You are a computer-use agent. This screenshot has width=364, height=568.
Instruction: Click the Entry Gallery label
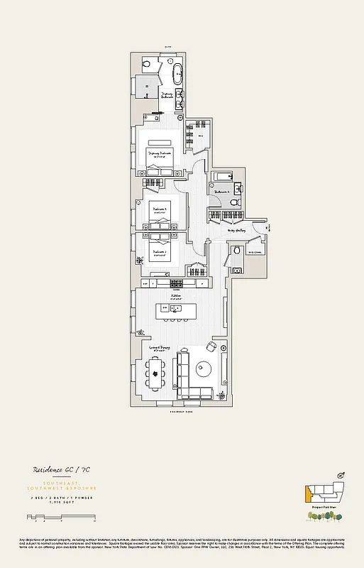[x=236, y=229]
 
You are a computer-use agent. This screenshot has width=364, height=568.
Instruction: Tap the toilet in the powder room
[x=236, y=251]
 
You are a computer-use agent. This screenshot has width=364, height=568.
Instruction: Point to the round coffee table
[x=204, y=368]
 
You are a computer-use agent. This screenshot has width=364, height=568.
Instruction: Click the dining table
[x=157, y=370]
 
